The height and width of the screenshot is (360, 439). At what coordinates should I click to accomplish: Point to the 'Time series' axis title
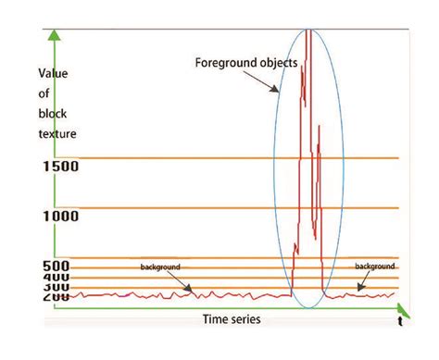tap(232, 319)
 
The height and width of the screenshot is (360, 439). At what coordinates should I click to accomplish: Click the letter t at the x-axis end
tap(399, 322)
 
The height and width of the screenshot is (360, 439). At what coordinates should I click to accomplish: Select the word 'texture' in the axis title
tap(57, 134)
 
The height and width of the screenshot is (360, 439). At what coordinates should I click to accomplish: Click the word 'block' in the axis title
tap(54, 114)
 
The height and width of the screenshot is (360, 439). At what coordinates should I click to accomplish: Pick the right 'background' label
tap(375, 266)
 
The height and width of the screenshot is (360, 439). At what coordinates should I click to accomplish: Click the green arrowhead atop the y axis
tap(55, 36)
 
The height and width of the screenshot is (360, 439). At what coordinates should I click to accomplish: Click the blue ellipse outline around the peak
tap(274, 167)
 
